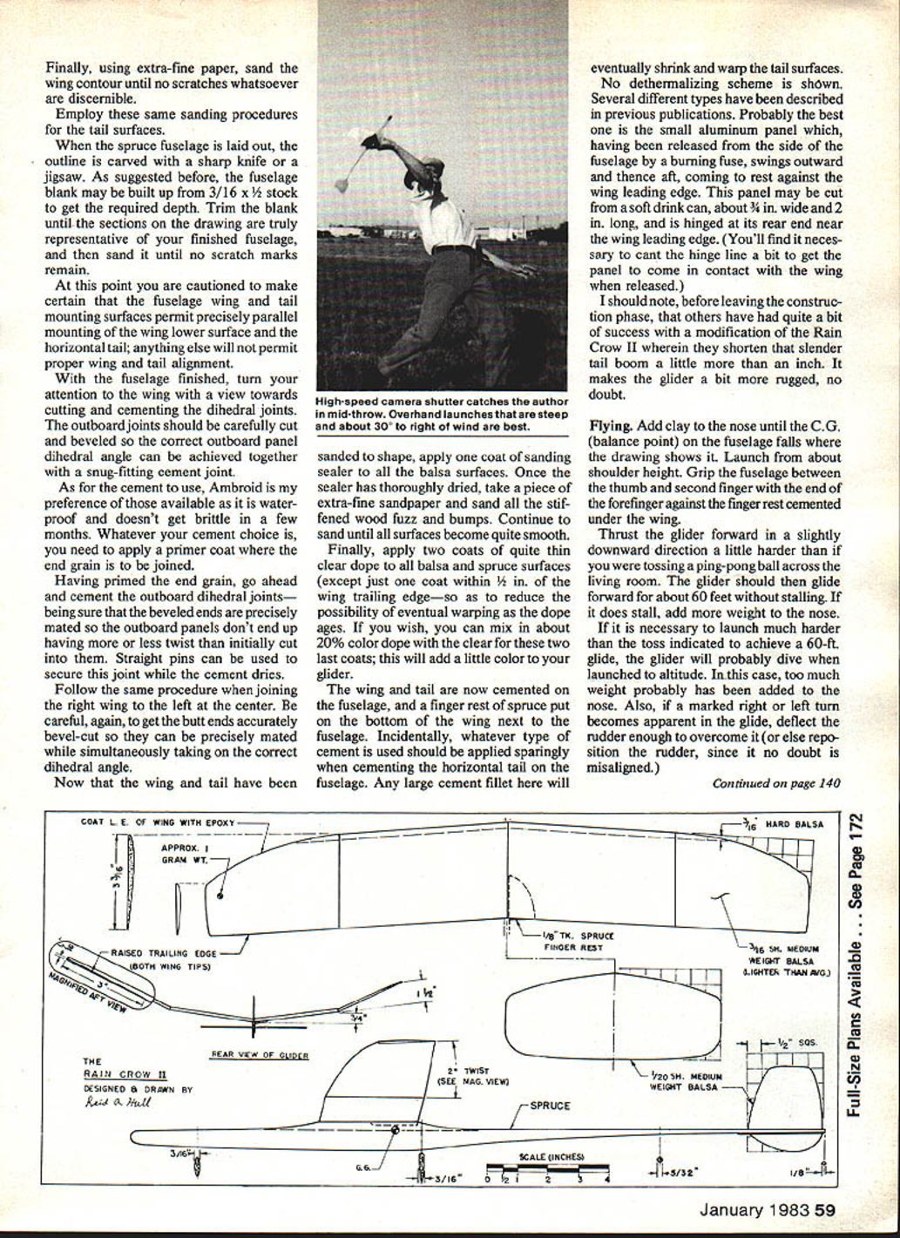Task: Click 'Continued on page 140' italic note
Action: (x=775, y=782)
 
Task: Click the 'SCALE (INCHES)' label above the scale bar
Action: (x=552, y=1157)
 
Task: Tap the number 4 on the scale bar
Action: (x=607, y=1180)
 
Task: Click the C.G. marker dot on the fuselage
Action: (x=396, y=1131)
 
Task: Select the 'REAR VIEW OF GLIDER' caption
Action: (x=260, y=1054)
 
